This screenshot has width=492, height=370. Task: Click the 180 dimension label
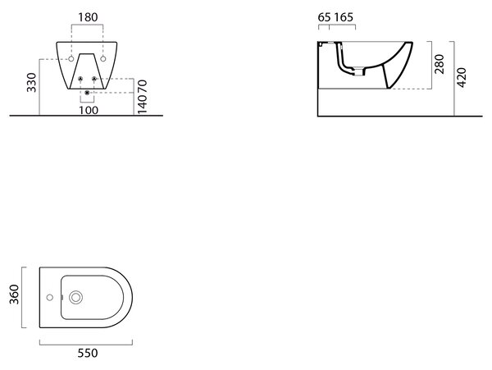88,17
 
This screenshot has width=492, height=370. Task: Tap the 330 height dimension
31,83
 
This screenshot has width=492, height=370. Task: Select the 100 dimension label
89,110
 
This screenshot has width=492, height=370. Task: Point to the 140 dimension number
142,104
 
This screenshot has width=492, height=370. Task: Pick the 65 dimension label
325,17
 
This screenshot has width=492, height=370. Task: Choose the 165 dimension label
344,17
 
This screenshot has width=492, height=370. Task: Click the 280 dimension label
440,64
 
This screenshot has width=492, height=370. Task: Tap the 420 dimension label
462,77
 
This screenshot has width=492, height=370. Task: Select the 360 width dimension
14,295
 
